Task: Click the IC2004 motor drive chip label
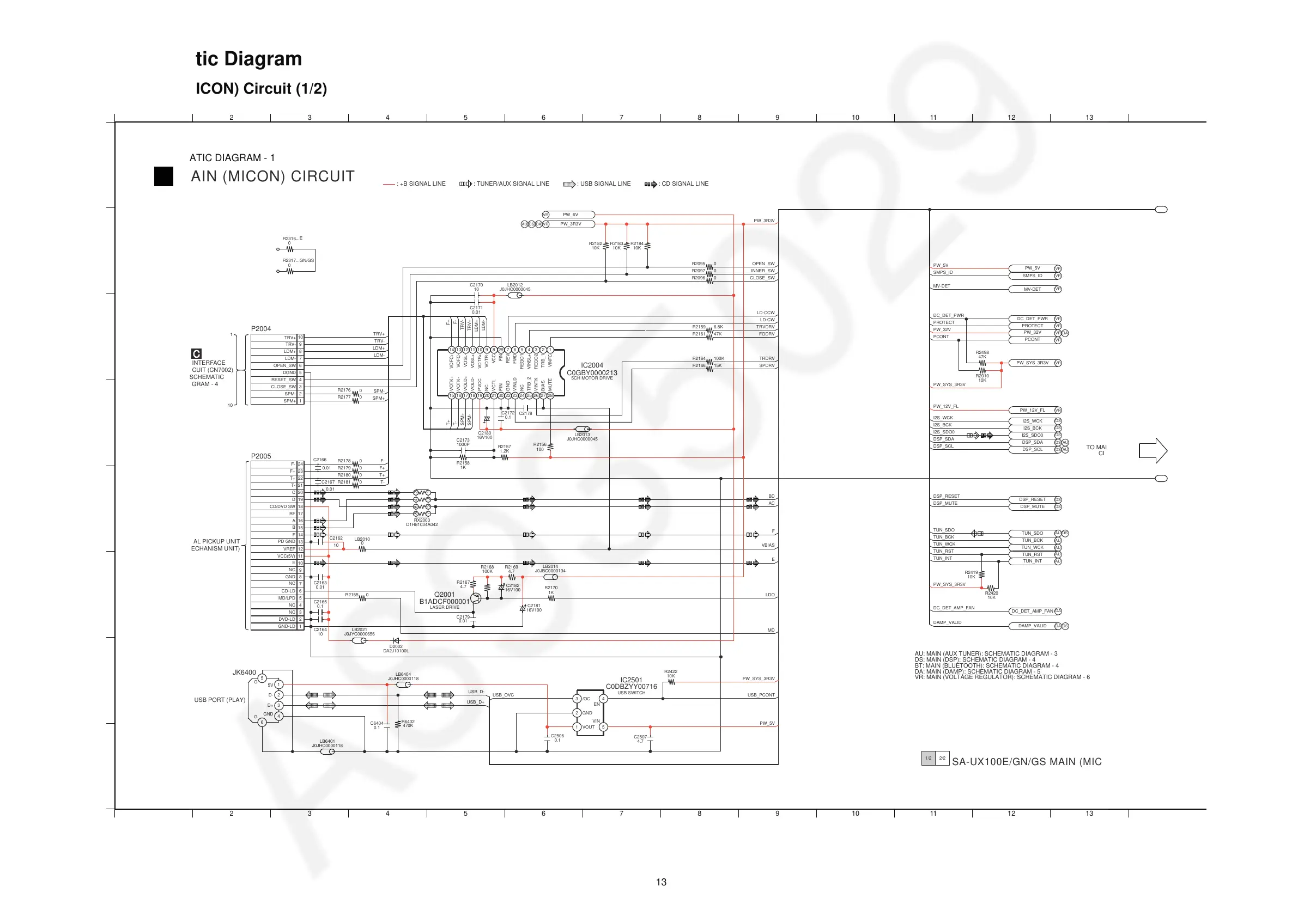(592, 365)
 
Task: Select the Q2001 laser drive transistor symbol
(476, 598)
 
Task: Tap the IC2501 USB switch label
(631, 680)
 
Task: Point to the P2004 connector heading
(260, 329)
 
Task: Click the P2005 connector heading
(260, 456)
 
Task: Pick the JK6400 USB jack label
(244, 673)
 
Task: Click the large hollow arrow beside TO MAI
(1153, 450)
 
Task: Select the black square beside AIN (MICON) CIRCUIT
(164, 176)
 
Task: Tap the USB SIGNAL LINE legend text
(605, 184)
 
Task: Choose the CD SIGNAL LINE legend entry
(684, 184)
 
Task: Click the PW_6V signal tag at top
(571, 215)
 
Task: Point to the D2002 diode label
(396, 646)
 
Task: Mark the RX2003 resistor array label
(422, 521)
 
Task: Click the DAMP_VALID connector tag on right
(1032, 626)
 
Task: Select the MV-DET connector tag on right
(1032, 289)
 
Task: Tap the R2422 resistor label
(670, 672)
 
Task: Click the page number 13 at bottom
(661, 882)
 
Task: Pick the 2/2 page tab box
(942, 758)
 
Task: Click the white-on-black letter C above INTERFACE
(196, 354)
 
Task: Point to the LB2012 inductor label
(514, 285)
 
